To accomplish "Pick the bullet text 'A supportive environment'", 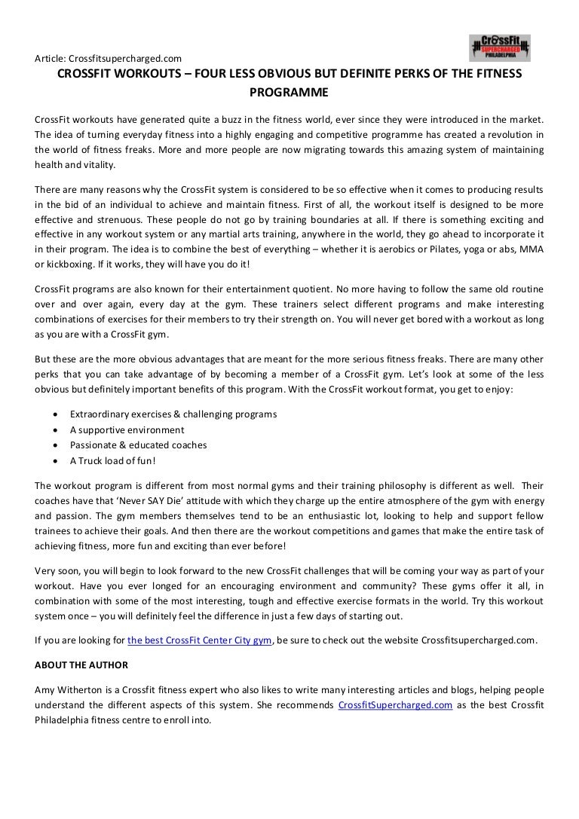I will [127, 429].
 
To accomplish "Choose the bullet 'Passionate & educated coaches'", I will [138, 445].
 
